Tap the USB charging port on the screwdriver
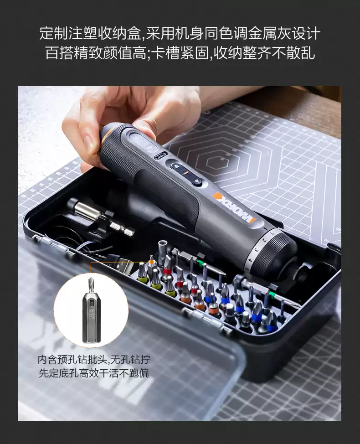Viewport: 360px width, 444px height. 159,156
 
